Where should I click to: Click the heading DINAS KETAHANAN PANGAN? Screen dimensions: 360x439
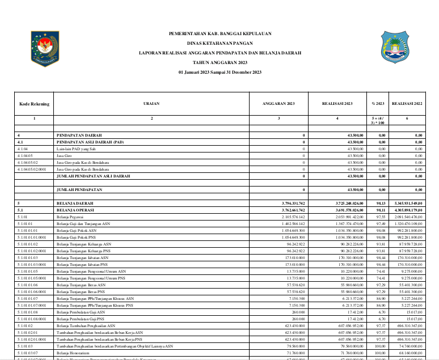coord(220,43)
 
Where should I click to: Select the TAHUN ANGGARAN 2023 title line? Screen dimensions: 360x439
coord(220,62)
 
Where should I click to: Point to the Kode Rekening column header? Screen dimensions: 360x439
coord(34,104)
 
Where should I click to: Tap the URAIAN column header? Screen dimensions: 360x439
coord(151,104)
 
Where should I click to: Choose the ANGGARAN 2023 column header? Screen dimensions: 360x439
coord(278,104)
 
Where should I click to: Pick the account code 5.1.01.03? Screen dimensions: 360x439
coord(26,345)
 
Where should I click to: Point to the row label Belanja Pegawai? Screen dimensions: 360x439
coord(69,217)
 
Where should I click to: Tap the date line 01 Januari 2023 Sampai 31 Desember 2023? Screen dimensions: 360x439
coord(220,73)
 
